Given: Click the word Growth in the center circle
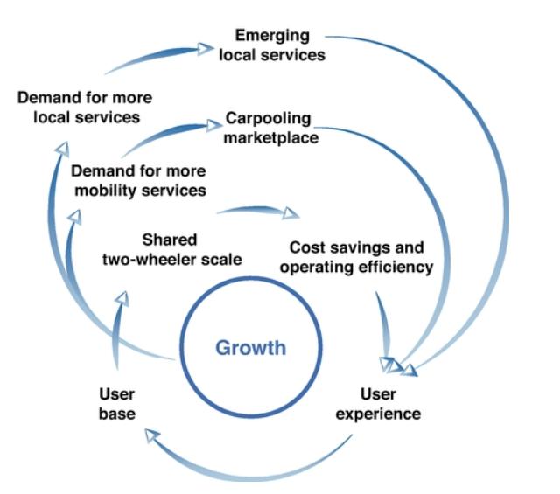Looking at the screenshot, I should (x=250, y=348).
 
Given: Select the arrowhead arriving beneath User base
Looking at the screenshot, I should (x=152, y=435).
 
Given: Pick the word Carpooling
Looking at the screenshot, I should (x=268, y=118).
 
